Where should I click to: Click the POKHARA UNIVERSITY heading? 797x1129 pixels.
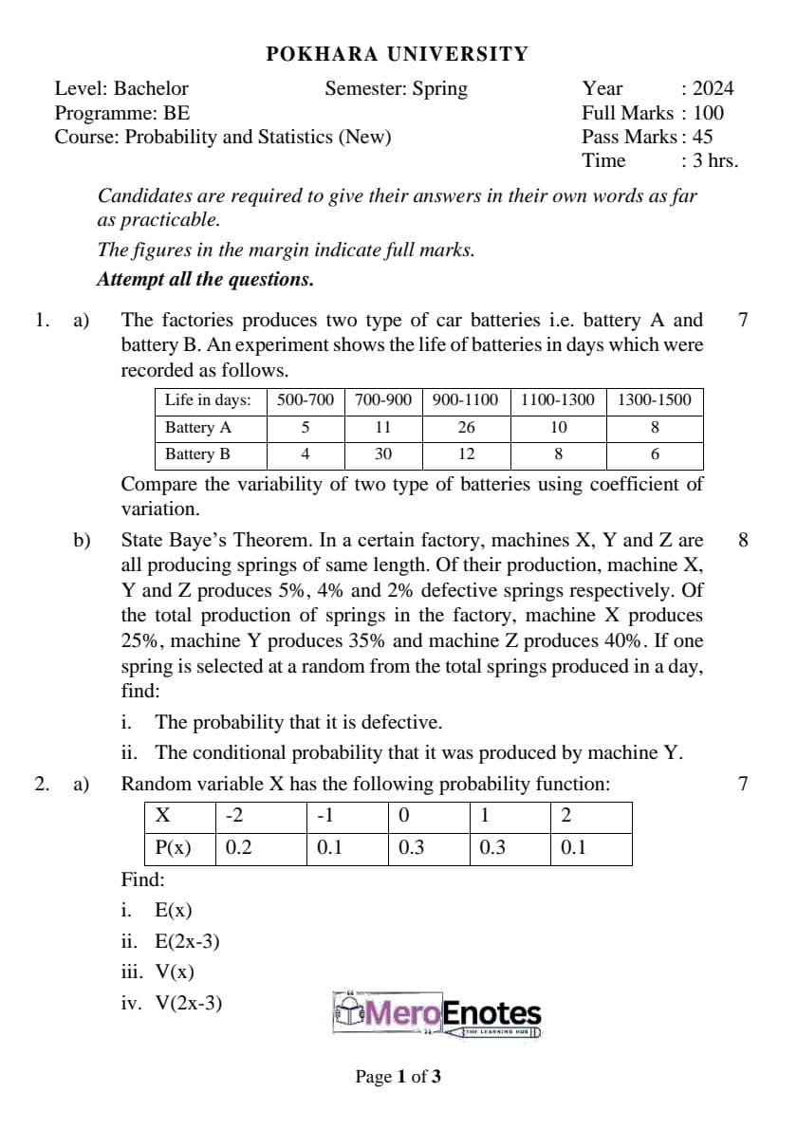pos(398,54)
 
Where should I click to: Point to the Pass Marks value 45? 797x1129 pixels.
pos(702,137)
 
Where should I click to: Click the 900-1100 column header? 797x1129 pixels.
pos(465,399)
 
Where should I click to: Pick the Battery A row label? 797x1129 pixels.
pos(197,427)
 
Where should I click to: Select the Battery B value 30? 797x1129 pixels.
pos(382,453)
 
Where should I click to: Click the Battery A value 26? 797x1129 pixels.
pos(465,427)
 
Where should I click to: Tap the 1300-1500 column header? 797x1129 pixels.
pos(655,399)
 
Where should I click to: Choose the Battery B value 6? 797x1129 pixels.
pos(655,453)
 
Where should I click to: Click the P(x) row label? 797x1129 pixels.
pos(172,847)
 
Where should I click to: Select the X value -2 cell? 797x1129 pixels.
pos(233,816)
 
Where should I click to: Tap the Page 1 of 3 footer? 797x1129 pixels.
pos(398,1076)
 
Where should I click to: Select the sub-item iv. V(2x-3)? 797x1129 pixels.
pos(172,1002)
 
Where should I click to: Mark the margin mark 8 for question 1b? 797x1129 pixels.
pos(743,541)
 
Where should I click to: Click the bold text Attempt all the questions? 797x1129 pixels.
pos(205,280)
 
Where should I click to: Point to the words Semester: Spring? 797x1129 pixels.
pos(396,88)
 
